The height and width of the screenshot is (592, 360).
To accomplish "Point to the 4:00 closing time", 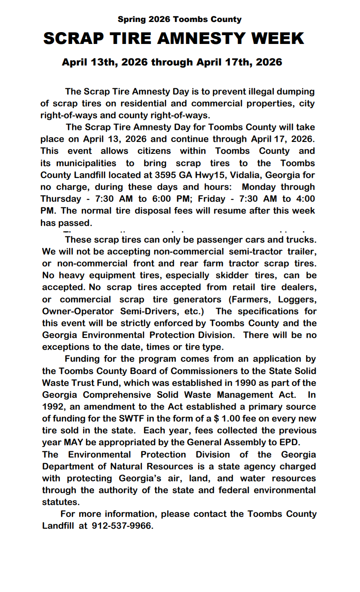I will [x=304, y=199].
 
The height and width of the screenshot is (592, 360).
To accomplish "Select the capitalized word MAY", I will [x=74, y=442].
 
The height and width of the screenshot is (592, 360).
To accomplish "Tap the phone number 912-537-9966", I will [x=122, y=526].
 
